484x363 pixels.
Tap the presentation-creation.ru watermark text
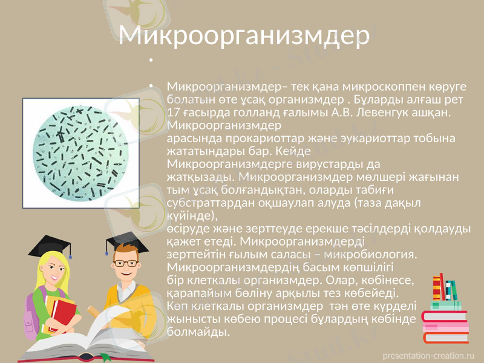click(x=430, y=355)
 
